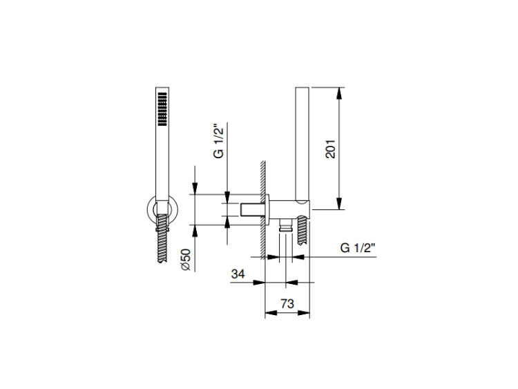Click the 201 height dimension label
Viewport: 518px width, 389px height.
click(x=331, y=149)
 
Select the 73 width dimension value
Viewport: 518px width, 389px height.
click(x=287, y=303)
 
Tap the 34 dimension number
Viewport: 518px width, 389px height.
click(x=238, y=274)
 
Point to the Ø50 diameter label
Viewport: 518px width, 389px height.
click(x=186, y=260)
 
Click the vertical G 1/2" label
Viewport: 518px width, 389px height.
click(x=218, y=141)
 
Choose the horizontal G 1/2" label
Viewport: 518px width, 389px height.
click(x=358, y=247)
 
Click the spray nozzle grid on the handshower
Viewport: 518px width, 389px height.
click(x=162, y=109)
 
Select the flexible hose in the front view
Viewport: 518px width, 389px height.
click(x=162, y=238)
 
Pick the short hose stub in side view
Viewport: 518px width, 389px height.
click(x=303, y=230)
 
